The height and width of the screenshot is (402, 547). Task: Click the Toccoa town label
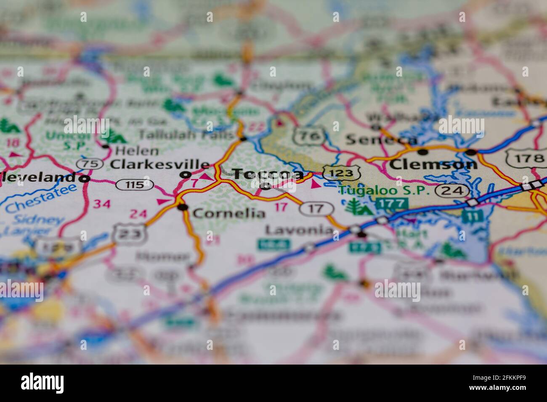point(268,174)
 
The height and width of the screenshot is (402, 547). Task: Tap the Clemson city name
point(433,164)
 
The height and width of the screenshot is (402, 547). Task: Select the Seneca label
point(381,140)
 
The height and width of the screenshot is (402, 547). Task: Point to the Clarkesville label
point(159,164)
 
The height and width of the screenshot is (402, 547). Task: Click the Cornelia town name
point(229,214)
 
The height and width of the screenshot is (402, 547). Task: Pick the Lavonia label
point(299,230)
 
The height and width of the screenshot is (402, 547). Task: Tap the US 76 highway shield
point(309,136)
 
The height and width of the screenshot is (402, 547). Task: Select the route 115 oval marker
point(135,184)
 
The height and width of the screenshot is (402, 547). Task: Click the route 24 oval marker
point(452,191)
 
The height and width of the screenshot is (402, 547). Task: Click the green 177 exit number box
point(392,204)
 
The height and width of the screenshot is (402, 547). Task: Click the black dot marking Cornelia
point(182,207)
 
